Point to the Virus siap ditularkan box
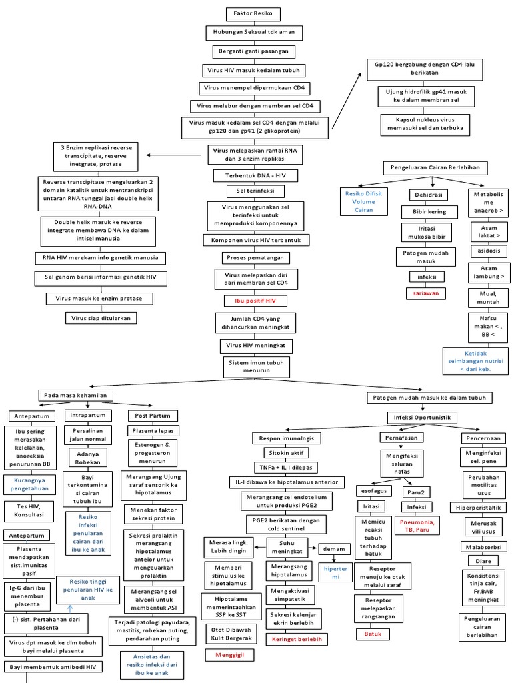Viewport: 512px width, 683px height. [101, 318]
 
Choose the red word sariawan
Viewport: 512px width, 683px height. [426, 293]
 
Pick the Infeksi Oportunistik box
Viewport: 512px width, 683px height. [423, 417]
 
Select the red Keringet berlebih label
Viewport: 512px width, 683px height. [294, 638]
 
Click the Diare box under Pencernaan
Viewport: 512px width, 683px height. [482, 561]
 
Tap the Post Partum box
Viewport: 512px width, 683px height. [147, 415]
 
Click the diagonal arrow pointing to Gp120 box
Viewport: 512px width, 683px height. [347, 97]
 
